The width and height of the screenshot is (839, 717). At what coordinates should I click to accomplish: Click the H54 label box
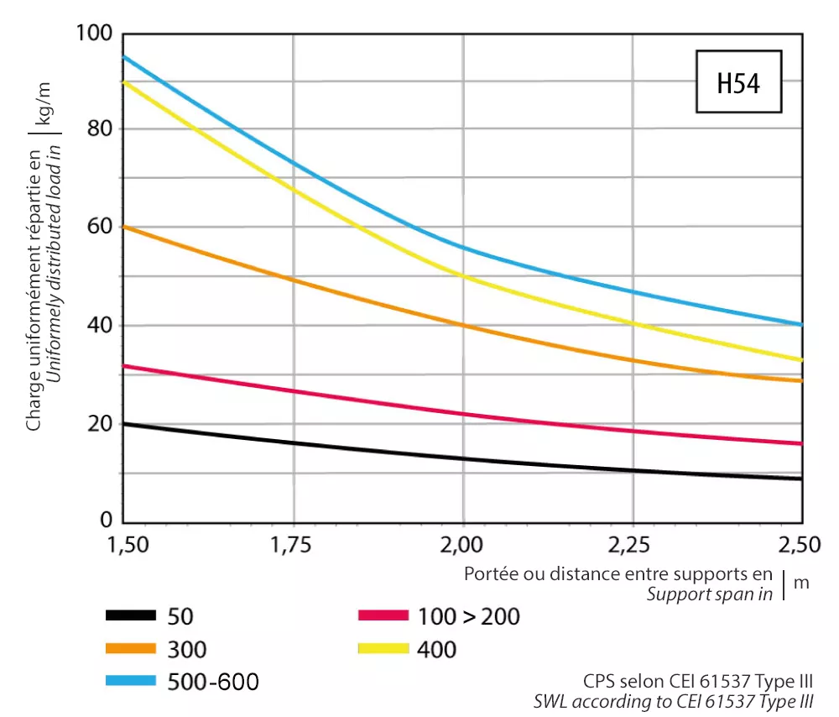point(738,82)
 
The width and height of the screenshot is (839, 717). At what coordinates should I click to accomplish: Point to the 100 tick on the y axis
point(93,34)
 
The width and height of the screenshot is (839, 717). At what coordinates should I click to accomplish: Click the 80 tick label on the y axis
point(100,129)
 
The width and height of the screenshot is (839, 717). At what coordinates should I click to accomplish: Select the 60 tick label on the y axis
point(100,228)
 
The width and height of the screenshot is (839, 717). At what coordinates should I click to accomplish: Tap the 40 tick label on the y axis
point(100,326)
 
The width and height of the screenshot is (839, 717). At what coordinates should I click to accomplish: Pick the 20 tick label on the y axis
point(100,424)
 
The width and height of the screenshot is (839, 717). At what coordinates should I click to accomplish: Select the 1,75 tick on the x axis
point(293,546)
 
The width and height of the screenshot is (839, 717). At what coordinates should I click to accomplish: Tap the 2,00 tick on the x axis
point(463,546)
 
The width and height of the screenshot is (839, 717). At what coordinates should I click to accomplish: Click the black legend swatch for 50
point(131,616)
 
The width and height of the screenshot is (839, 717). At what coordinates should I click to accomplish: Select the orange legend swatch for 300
point(131,648)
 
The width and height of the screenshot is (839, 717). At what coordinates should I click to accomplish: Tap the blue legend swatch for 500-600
point(131,681)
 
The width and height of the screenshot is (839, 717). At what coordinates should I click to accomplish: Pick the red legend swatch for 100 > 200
point(383,616)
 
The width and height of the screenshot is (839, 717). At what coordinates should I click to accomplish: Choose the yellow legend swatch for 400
point(383,648)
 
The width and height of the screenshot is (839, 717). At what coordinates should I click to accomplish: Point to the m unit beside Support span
point(801,583)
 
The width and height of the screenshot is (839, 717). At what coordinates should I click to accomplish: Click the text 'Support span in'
point(710,595)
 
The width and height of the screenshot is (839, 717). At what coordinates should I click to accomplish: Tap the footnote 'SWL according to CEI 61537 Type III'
point(674,700)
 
